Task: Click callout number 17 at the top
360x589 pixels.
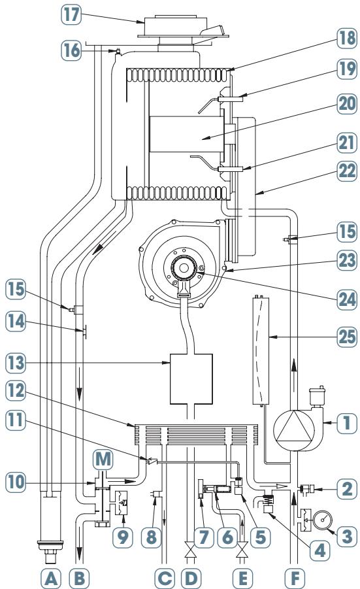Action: [x=71, y=16]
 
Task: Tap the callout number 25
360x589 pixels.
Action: [x=347, y=336]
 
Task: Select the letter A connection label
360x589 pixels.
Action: [x=51, y=579]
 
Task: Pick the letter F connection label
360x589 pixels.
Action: [x=295, y=579]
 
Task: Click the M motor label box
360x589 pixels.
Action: [x=103, y=460]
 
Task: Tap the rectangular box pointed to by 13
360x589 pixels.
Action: [x=191, y=379]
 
